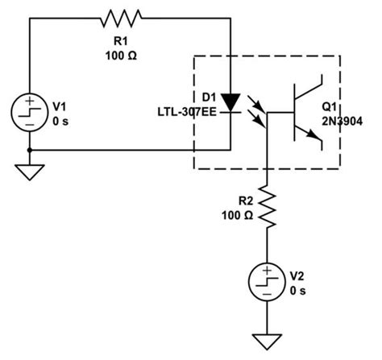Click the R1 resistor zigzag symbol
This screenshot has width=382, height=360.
click(121, 18)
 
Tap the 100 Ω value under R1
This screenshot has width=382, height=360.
click(121, 56)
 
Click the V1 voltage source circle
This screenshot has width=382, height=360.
click(30, 110)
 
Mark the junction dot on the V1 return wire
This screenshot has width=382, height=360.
click(30, 150)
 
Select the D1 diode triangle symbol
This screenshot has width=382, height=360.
click(231, 102)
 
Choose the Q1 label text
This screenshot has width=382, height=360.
click(330, 106)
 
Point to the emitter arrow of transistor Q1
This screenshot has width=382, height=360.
click(317, 143)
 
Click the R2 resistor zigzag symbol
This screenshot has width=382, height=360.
click(267, 207)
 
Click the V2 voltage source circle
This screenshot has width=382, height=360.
click(267, 284)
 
